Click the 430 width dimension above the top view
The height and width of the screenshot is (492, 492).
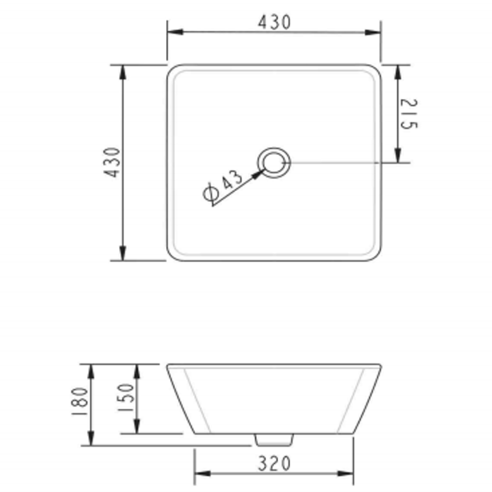(274, 22)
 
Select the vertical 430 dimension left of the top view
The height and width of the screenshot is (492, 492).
(113, 162)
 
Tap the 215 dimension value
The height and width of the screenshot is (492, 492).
(409, 114)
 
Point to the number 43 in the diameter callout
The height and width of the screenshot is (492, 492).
(233, 180)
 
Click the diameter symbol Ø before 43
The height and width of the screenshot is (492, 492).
(210, 193)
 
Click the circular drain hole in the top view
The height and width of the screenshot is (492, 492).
(273, 162)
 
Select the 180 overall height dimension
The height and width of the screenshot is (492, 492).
(80, 405)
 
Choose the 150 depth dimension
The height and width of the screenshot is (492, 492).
(126, 398)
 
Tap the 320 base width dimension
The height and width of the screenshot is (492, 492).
(274, 464)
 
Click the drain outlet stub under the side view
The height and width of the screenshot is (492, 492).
(274, 439)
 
